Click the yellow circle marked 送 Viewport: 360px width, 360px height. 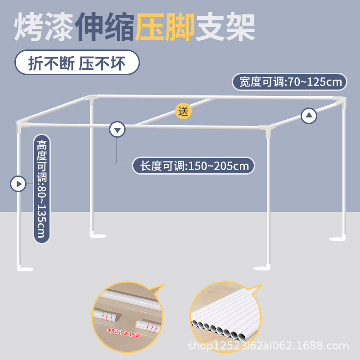click(x=183, y=111)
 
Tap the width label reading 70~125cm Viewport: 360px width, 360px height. click(x=289, y=82)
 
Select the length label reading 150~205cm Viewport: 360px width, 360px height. click(x=193, y=166)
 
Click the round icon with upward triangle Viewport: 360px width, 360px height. click(x=309, y=116)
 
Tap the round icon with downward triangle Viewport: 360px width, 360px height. click(x=117, y=130)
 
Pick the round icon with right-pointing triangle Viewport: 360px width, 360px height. click(x=18, y=184)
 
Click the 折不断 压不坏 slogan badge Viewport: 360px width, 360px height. click(x=77, y=63)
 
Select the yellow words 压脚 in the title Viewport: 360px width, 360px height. click(x=165, y=27)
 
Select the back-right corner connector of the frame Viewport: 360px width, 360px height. click(x=338, y=99)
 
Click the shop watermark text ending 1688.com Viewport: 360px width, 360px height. click(x=268, y=346)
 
